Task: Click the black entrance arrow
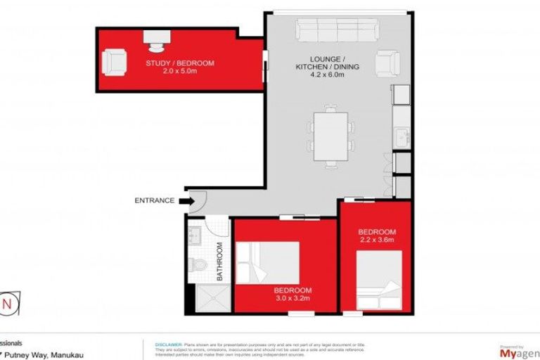pyautogui.click(x=187, y=201)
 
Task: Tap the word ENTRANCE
pyautogui.click(x=154, y=201)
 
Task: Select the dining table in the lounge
pyautogui.click(x=330, y=136)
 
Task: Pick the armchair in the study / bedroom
pyautogui.click(x=115, y=62)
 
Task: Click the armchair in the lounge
pyautogui.click(x=387, y=64)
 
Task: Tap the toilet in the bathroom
pyautogui.click(x=196, y=265)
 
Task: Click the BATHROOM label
pyautogui.click(x=219, y=262)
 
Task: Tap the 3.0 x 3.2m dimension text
pyautogui.click(x=292, y=299)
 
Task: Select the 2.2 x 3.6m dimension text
pyautogui.click(x=377, y=240)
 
